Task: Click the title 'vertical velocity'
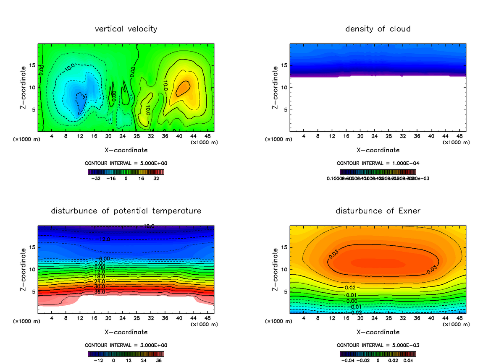(126, 29)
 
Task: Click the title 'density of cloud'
(378, 29)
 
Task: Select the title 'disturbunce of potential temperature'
(126, 211)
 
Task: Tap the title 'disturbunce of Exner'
(378, 211)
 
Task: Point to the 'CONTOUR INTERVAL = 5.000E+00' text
(126, 163)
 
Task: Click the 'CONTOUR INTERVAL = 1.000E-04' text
(378, 163)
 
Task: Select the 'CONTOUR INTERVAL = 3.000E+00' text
(126, 345)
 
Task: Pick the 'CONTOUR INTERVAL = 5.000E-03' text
(378, 345)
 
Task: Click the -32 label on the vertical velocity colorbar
(96, 179)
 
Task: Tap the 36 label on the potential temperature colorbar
(159, 360)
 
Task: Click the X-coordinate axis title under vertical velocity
(126, 150)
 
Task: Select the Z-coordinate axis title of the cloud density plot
(276, 88)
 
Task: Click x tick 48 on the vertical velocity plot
(207, 137)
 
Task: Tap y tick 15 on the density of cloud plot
(284, 65)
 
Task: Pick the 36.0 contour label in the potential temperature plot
(100, 292)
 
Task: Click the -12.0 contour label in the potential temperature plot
(105, 239)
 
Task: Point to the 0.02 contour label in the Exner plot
(350, 288)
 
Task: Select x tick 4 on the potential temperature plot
(52, 318)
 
